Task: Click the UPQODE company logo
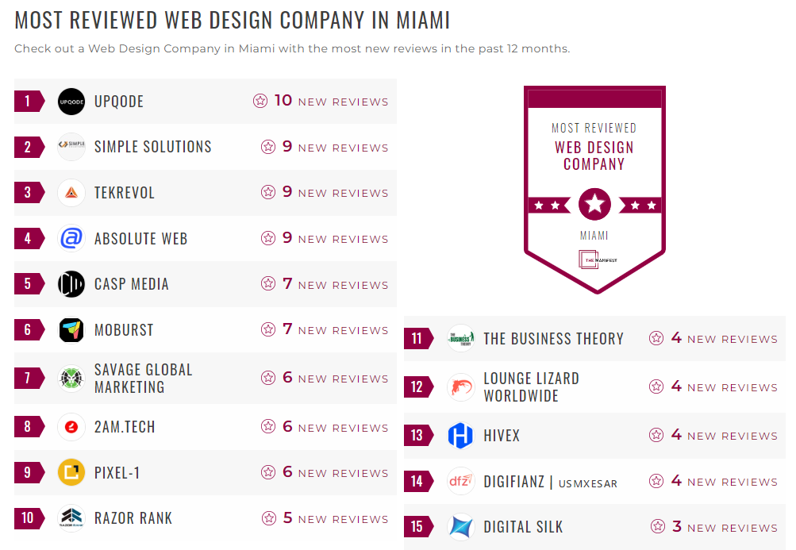click(71, 102)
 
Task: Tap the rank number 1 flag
click(29, 102)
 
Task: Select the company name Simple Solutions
click(152, 147)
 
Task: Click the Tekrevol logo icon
click(71, 193)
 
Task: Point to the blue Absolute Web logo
click(71, 238)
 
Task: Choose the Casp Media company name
click(131, 284)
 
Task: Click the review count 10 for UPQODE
click(283, 101)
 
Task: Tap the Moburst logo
click(71, 330)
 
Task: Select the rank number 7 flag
click(29, 379)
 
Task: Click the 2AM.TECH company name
click(125, 427)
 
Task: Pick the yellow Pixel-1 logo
click(71, 473)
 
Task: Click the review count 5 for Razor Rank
click(288, 518)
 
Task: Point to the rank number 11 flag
click(418, 339)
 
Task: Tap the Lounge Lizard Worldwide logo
click(460, 387)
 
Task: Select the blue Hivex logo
click(460, 436)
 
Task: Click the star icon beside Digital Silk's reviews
click(657, 526)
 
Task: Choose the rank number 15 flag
click(418, 526)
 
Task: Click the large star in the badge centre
click(594, 205)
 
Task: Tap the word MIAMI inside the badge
click(594, 236)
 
